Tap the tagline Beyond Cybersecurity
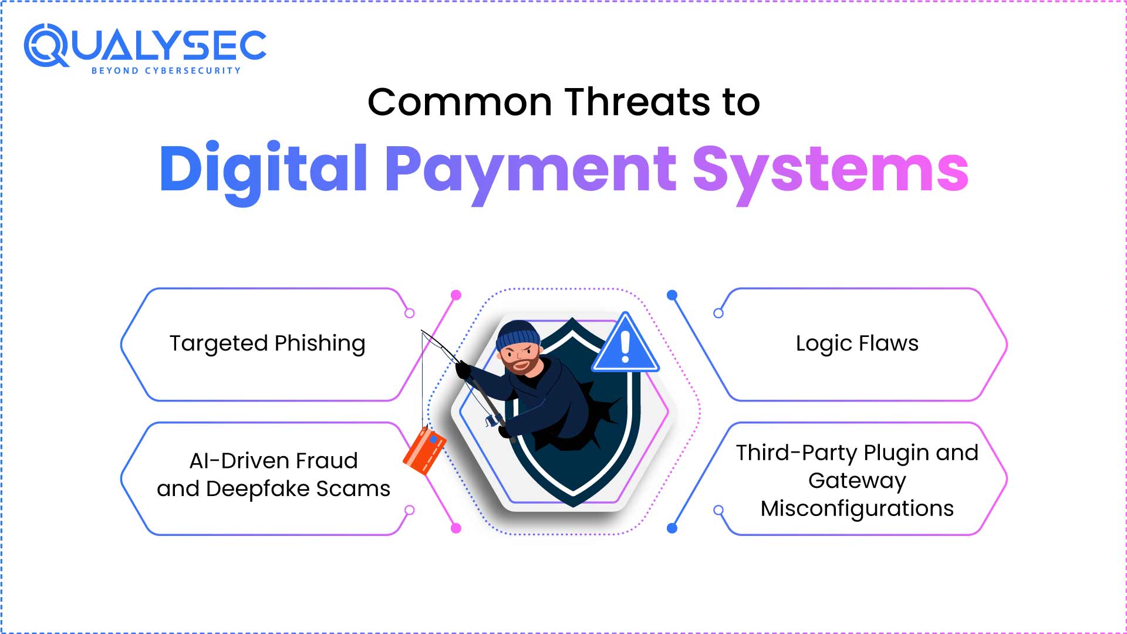click(x=166, y=70)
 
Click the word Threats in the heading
click(x=637, y=102)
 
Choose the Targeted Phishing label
click(x=268, y=344)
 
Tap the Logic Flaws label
click(x=857, y=343)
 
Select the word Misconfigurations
click(x=857, y=509)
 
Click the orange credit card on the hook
click(x=424, y=451)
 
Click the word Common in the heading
click(x=460, y=102)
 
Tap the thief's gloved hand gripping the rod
click(x=463, y=370)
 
